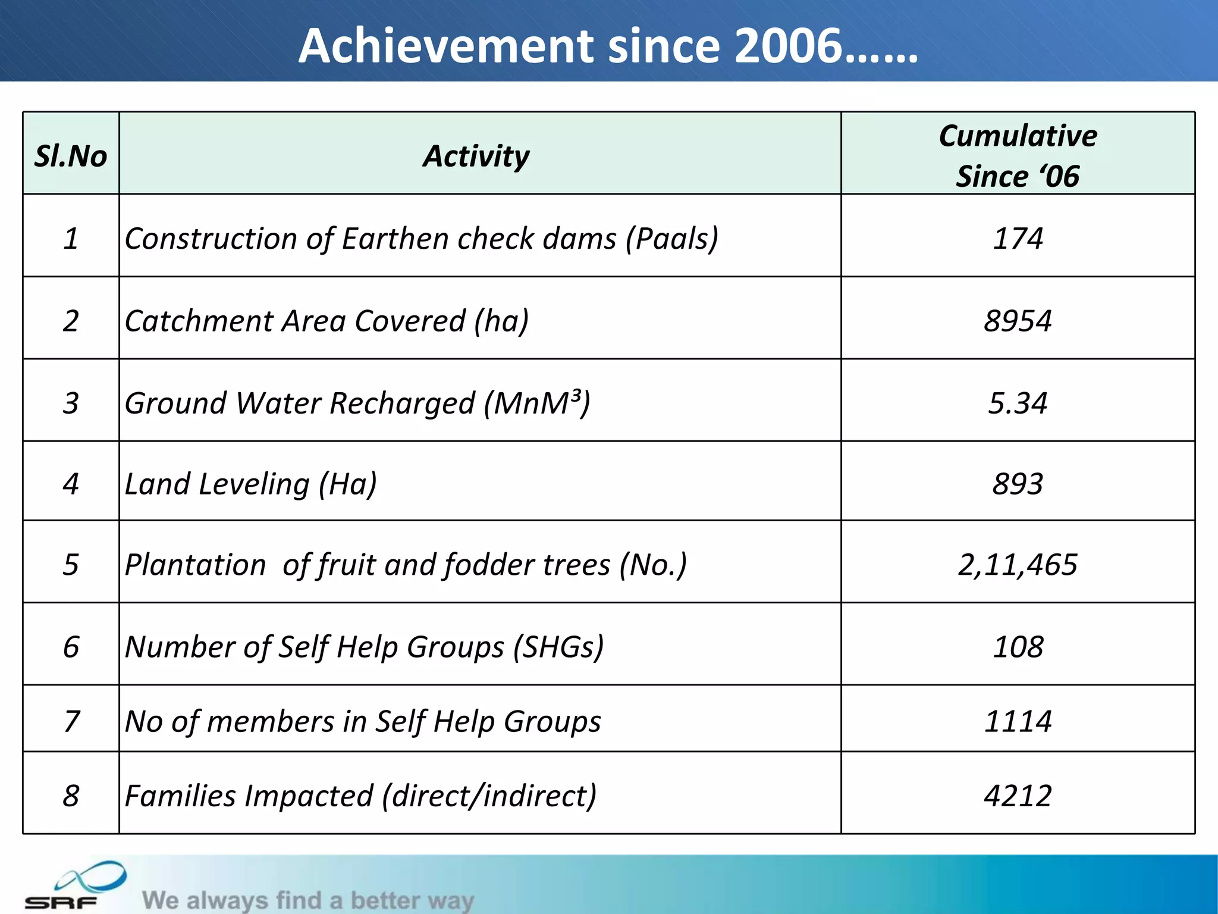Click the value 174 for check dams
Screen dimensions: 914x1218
(x=1018, y=239)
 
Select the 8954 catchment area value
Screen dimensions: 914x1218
(x=1018, y=321)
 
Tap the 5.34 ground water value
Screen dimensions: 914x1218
(x=1018, y=403)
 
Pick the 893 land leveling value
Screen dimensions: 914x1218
(x=1018, y=484)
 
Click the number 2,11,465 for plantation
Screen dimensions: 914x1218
(x=1018, y=564)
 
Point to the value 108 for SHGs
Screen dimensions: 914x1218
(x=1018, y=646)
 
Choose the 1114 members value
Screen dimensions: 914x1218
(x=1018, y=721)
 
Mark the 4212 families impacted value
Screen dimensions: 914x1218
(x=1018, y=796)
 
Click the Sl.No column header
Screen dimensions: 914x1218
(x=71, y=156)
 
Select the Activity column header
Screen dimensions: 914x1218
(x=476, y=156)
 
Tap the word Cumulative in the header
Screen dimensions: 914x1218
(x=1018, y=136)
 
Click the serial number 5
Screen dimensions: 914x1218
(x=71, y=564)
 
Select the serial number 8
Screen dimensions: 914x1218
(x=71, y=796)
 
